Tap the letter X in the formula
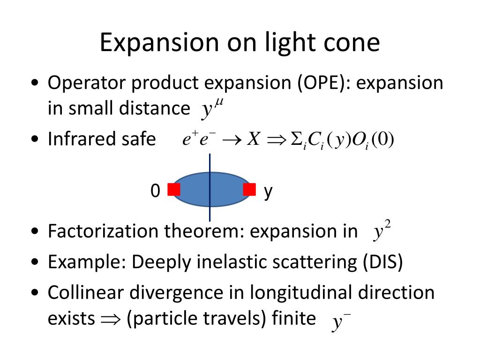[253, 139]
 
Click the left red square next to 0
[174, 190]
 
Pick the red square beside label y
[249, 190]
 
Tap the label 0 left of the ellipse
[156, 191]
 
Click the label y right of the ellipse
[268, 192]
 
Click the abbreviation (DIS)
[382, 262]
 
